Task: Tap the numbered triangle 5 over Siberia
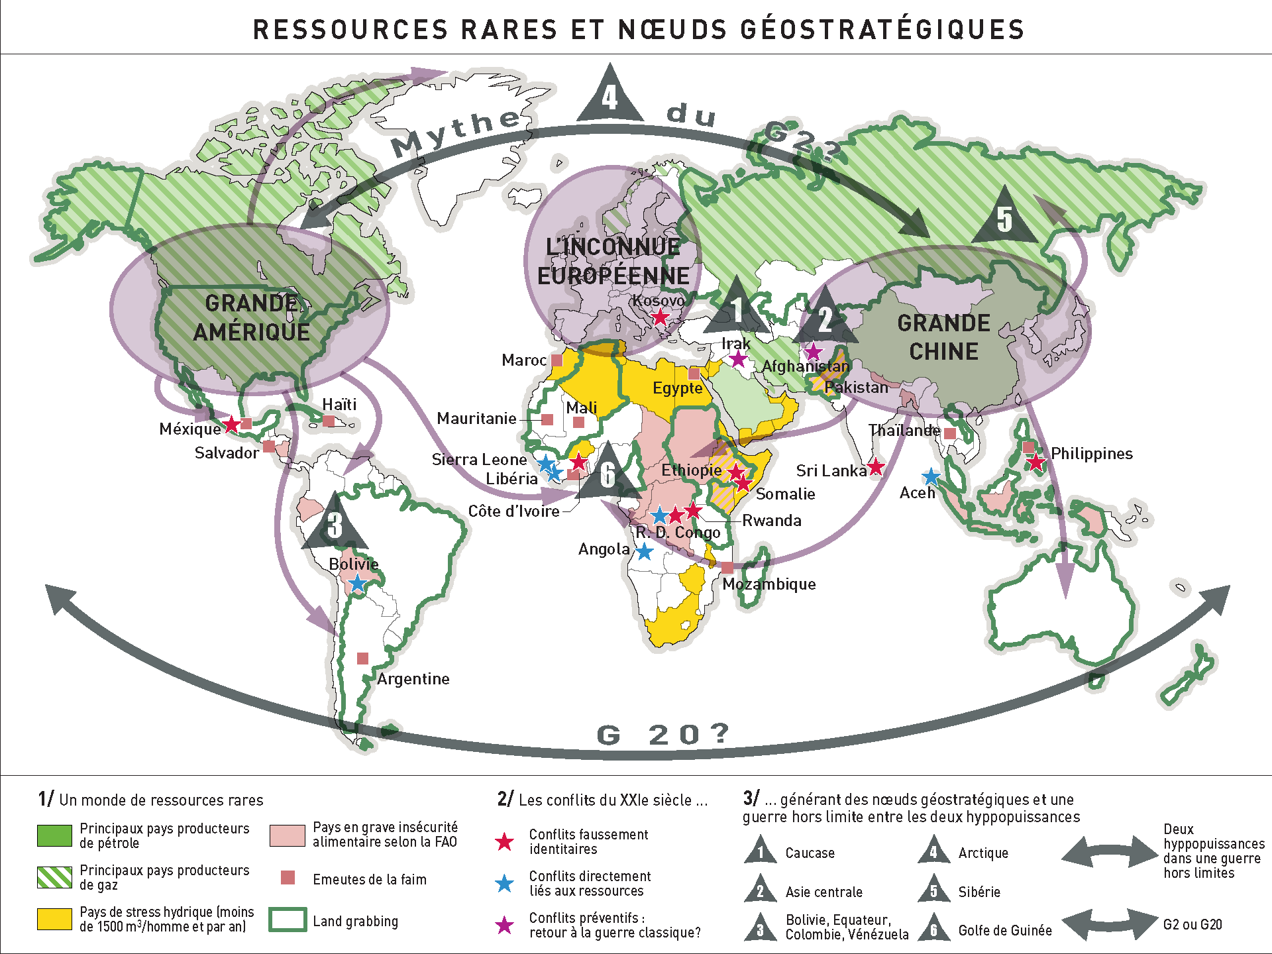click(1004, 219)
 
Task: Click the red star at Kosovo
click(660, 317)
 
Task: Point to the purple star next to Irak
click(738, 359)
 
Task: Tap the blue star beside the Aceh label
click(931, 476)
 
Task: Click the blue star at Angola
click(644, 551)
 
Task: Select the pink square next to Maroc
click(557, 360)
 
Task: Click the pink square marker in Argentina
click(362, 658)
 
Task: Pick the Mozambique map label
click(769, 584)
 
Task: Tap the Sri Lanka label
click(831, 471)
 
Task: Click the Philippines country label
click(1092, 454)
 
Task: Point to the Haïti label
click(339, 404)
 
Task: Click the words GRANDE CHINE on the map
click(943, 337)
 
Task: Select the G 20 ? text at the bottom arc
click(662, 735)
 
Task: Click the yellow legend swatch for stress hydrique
click(54, 919)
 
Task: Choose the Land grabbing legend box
click(288, 920)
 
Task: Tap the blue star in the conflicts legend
click(505, 883)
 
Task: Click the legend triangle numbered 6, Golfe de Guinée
click(933, 927)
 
